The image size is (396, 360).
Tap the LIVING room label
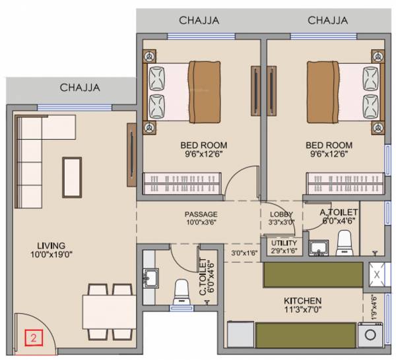(46, 243)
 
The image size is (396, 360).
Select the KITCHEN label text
(304, 299)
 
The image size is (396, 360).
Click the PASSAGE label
(201, 214)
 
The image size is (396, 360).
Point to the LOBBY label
(281, 214)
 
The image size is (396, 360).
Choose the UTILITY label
(284, 243)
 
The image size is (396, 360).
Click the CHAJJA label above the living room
(80, 87)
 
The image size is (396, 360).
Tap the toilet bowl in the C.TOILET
(180, 290)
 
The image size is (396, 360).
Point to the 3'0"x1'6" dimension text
(244, 253)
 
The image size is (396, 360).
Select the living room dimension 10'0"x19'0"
(46, 254)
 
